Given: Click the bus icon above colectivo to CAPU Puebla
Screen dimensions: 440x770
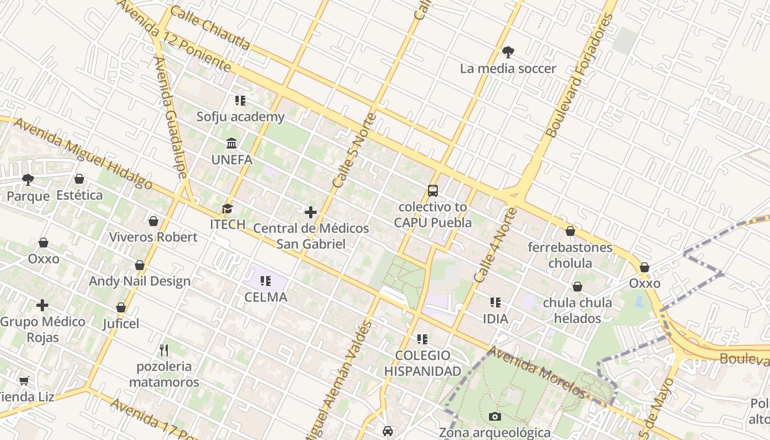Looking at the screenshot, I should [433, 191].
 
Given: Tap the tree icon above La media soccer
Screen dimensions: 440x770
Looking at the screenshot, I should [508, 52].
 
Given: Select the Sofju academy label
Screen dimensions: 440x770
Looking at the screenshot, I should [241, 117].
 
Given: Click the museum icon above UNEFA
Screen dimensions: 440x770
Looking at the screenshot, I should [232, 144].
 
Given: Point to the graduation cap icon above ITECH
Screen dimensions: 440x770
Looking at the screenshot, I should [227, 208].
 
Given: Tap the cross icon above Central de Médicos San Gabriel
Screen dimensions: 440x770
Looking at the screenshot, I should [311, 212].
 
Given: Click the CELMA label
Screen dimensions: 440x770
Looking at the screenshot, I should [266, 297].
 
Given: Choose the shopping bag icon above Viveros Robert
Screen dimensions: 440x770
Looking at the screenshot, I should [153, 221].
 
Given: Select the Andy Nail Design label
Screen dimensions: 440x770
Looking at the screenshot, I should [140, 281].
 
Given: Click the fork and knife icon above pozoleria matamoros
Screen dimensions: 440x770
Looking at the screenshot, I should [163, 350].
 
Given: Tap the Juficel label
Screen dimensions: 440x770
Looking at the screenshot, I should [121, 323].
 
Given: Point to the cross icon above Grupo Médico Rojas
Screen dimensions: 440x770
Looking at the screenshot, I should [42, 305].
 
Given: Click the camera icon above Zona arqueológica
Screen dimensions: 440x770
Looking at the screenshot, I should [495, 416].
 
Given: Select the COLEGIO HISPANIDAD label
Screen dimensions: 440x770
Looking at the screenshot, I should [422, 363].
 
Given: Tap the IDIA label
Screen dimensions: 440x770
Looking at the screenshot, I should [495, 318].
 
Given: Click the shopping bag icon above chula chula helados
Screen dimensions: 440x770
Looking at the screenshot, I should [577, 287].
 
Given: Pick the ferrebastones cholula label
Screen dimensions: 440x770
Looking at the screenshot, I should [570, 255].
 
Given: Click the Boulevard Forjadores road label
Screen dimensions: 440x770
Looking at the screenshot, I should [580, 76].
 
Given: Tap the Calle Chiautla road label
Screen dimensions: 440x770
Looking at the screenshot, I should [210, 28].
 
